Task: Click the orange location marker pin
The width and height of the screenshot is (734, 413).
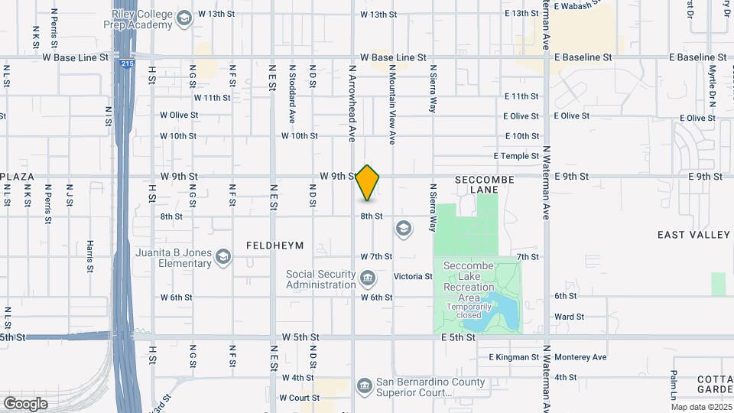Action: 368,182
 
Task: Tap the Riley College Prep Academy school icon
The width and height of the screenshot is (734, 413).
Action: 183,18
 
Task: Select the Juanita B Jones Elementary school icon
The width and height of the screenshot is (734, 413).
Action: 222,257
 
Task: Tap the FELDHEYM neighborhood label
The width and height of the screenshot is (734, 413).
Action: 275,246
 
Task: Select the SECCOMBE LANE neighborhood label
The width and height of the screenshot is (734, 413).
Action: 484,184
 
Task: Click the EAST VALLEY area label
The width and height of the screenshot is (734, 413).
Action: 693,234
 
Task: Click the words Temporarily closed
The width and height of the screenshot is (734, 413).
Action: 469,311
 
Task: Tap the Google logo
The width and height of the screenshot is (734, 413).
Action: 25,403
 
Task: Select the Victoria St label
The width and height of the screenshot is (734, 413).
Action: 413,276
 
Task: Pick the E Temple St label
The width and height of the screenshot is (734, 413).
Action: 516,156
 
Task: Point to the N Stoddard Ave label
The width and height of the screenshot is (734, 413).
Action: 292,94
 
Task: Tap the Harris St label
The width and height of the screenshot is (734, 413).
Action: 89,256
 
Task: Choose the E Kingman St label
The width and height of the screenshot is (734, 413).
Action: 514,357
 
